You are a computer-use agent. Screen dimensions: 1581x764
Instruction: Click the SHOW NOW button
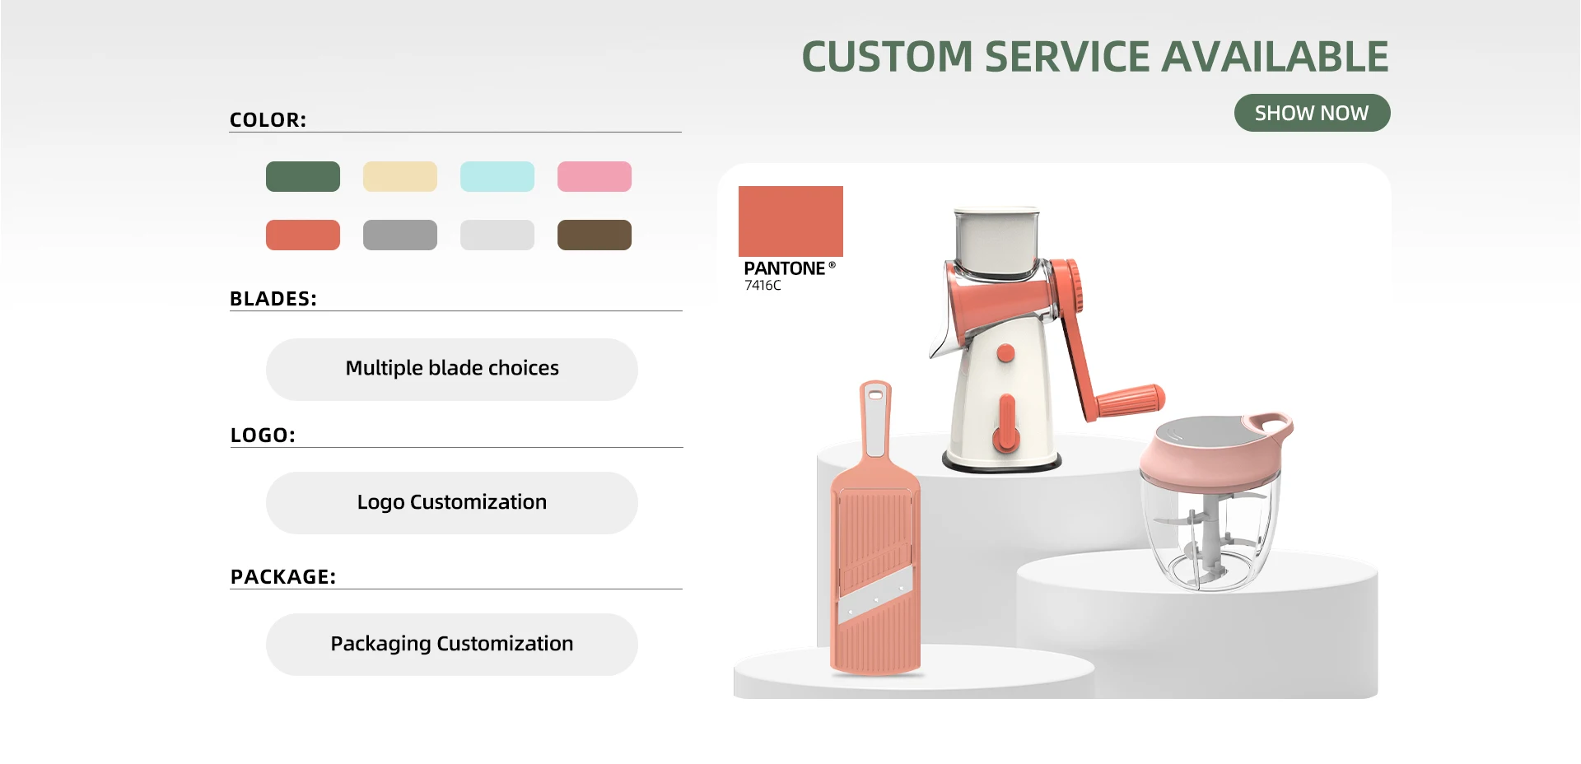(1312, 113)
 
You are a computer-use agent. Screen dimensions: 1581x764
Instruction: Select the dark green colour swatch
(303, 176)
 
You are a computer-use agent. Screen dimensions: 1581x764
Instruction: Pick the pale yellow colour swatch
(400, 176)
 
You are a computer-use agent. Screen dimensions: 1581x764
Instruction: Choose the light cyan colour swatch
(497, 176)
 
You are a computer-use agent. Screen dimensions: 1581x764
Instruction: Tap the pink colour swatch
(595, 176)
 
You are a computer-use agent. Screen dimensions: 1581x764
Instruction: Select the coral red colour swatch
(303, 235)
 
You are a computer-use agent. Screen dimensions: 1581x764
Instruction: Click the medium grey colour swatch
(400, 235)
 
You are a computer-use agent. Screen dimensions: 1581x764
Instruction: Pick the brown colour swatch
(595, 235)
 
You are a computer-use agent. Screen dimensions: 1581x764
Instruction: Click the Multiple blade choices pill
(452, 369)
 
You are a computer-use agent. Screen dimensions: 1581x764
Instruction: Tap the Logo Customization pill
(452, 502)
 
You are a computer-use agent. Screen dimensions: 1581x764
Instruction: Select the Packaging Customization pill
(452, 644)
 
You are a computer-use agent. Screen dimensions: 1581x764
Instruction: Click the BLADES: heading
(273, 299)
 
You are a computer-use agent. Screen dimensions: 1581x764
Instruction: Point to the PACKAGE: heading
(283, 577)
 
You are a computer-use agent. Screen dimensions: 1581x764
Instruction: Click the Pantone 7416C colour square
(790, 221)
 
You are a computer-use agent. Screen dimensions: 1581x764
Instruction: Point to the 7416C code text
(763, 286)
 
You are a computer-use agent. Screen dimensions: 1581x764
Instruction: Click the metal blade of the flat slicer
(876, 594)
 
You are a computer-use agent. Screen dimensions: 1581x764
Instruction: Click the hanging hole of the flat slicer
(874, 396)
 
